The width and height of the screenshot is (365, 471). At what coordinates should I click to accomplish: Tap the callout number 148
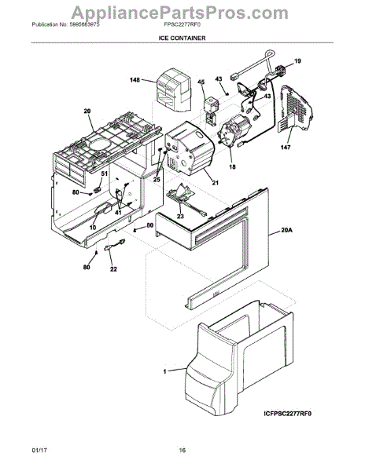pos(135,79)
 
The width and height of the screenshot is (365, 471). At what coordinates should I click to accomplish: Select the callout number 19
pos(298,61)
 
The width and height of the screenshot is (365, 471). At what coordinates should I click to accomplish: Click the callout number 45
pos(201,82)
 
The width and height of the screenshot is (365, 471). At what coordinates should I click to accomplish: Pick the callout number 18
pos(232,168)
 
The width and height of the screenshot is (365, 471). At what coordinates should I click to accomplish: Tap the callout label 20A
pos(286,232)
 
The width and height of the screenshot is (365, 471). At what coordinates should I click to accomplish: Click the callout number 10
pos(93,228)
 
